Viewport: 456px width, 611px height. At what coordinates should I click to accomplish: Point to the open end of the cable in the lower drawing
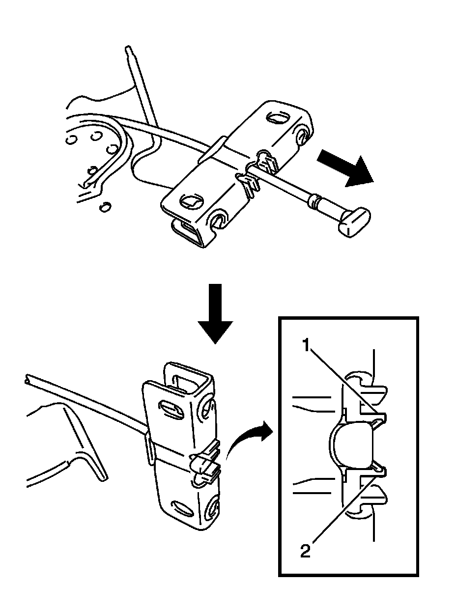[x=27, y=379]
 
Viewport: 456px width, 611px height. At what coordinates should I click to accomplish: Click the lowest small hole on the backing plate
[x=104, y=208]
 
